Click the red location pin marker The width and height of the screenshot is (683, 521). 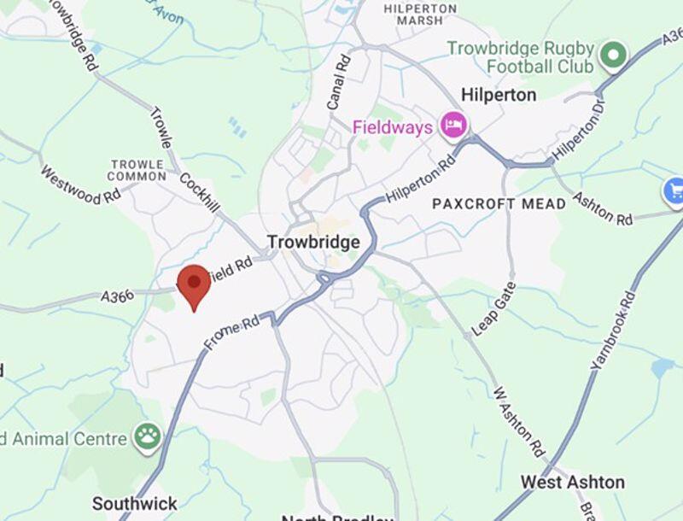[194, 284]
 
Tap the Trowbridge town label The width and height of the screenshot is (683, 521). [313, 243]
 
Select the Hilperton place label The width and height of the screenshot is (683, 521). [498, 94]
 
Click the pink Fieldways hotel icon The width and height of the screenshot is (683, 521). [452, 126]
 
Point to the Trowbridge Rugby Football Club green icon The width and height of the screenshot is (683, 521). [612, 56]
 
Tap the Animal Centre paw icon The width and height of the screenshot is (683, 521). [148, 436]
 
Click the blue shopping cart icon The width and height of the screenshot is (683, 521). [674, 190]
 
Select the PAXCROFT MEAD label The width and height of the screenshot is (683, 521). [499, 204]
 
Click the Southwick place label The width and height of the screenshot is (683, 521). [135, 503]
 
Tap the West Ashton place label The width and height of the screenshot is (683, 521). [572, 483]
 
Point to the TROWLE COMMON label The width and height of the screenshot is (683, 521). [137, 170]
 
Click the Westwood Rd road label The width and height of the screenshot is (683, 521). [80, 184]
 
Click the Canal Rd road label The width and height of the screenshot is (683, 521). [339, 82]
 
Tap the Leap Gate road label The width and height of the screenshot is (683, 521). [494, 308]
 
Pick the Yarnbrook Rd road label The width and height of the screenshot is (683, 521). [614, 330]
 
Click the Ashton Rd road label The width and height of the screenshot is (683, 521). [602, 205]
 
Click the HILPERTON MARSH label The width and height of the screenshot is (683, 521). [419, 14]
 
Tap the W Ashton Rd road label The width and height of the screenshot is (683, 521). [519, 421]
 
